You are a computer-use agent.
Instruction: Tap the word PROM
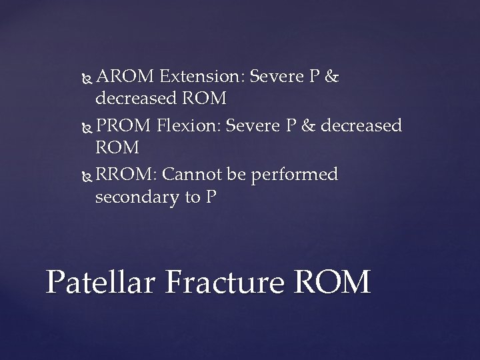coord(125,126)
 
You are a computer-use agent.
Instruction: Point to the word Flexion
coord(191,126)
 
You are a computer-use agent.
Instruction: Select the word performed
coord(293,175)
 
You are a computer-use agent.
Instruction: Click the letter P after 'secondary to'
coord(212,198)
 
